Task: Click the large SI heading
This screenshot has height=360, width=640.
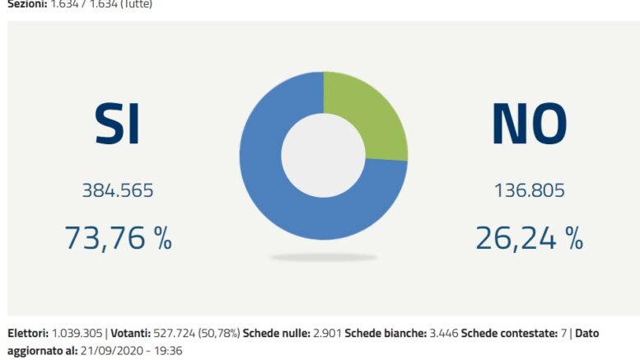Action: pyautogui.click(x=116, y=124)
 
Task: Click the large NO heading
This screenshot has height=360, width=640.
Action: pyautogui.click(x=529, y=124)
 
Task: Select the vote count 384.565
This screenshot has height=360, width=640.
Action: pyautogui.click(x=117, y=191)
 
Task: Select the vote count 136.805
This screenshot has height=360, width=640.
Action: pyautogui.click(x=529, y=191)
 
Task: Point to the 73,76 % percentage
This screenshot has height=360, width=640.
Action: pyautogui.click(x=118, y=238)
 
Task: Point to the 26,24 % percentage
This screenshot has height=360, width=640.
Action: pyautogui.click(x=529, y=238)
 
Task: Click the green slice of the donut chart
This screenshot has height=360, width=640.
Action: pyautogui.click(x=371, y=115)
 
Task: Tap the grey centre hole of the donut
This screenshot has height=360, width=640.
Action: pyautogui.click(x=323, y=156)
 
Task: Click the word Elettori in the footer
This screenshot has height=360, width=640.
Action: pyautogui.click(x=28, y=334)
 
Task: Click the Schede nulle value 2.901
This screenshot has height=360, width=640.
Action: pyautogui.click(x=326, y=334)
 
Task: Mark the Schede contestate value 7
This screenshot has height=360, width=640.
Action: pyautogui.click(x=561, y=334)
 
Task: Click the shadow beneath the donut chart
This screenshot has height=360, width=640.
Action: pyautogui.click(x=323, y=258)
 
